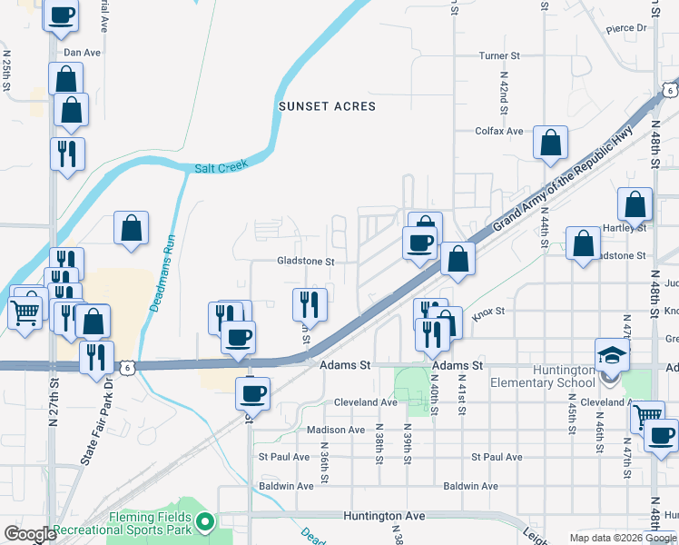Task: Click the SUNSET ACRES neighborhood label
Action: (x=327, y=106)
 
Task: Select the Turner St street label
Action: (x=499, y=55)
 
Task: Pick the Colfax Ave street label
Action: (x=499, y=131)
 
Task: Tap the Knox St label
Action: (x=487, y=312)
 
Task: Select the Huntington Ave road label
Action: (x=384, y=515)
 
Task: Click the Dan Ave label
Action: (x=82, y=53)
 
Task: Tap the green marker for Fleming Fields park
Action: (x=205, y=521)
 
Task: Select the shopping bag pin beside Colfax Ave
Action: (x=550, y=143)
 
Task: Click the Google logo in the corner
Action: (x=30, y=534)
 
